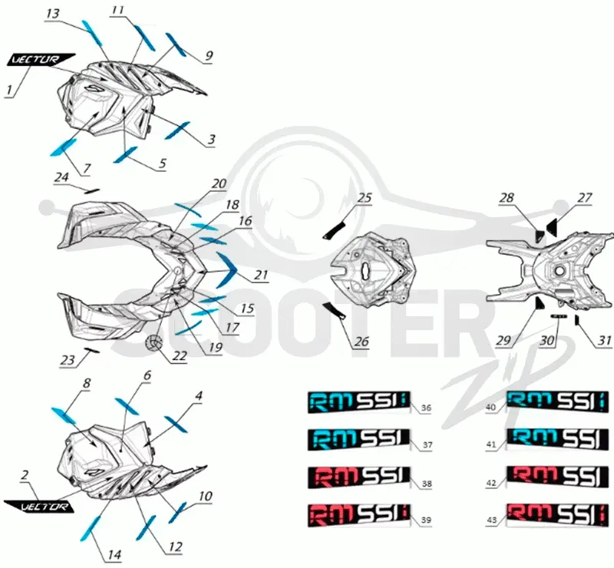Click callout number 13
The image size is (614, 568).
click(x=52, y=14)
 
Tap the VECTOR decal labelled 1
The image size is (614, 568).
click(x=41, y=59)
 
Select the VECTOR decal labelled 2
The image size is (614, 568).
click(x=39, y=506)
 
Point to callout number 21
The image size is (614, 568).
click(x=261, y=275)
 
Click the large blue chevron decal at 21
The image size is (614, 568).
click(x=227, y=269)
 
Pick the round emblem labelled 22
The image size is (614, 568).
click(x=155, y=343)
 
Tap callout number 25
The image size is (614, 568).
click(x=364, y=197)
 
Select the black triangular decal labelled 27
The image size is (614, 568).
click(x=552, y=227)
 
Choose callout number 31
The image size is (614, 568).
click(x=605, y=340)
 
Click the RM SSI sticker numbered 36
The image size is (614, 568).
click(x=358, y=401)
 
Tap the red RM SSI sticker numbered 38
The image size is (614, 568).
click(x=358, y=477)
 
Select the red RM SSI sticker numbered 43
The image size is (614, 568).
click(x=558, y=515)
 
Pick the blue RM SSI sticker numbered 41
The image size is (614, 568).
click(x=558, y=440)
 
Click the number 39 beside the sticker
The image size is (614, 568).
click(x=426, y=520)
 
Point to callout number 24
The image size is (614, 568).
click(x=61, y=177)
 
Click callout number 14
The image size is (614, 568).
click(x=114, y=555)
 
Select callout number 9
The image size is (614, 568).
click(x=209, y=55)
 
